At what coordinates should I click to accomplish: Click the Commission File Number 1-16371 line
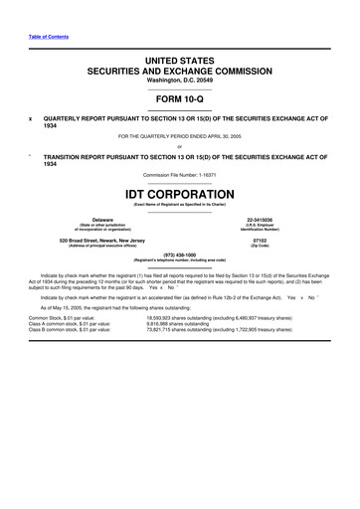(179, 175)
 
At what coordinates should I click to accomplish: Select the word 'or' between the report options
(179, 147)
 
